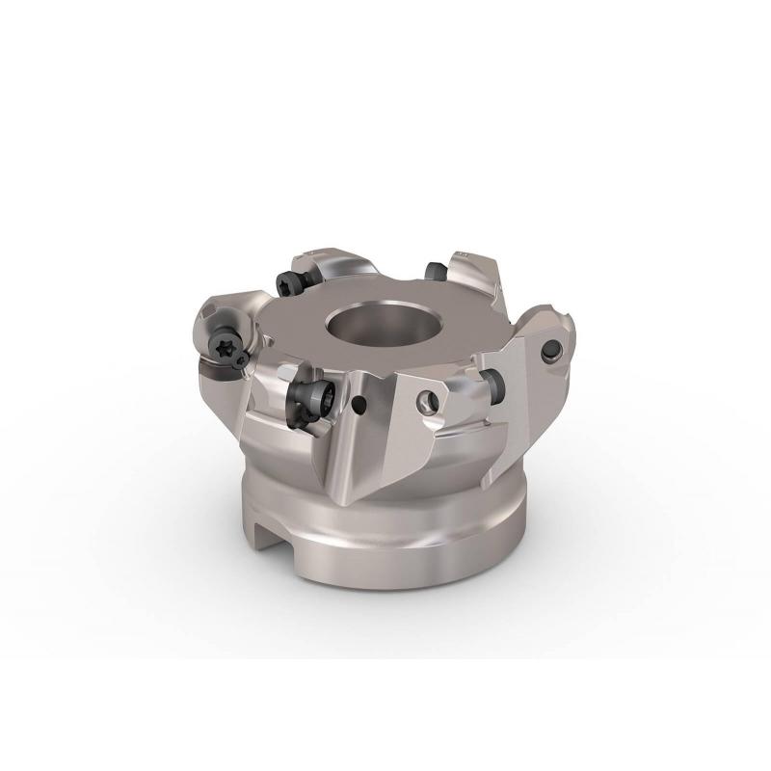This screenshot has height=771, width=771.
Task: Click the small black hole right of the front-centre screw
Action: click(x=358, y=404)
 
